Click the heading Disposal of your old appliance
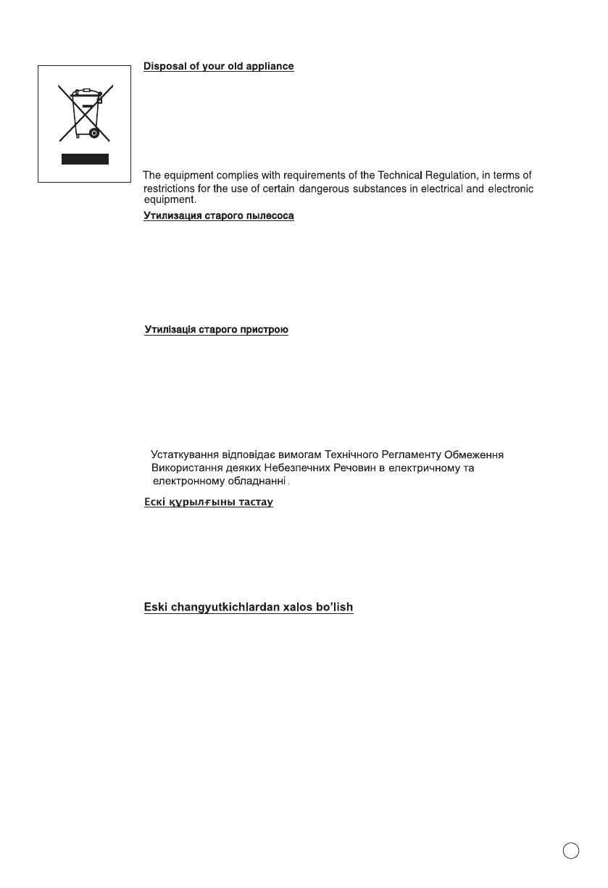click(218, 67)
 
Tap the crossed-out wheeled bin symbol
click(86, 114)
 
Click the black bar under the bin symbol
click(85, 159)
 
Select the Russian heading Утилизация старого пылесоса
click(218, 217)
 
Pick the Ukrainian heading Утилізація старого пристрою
click(217, 331)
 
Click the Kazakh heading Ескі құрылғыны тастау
click(209, 502)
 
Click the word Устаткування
click(184, 455)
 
